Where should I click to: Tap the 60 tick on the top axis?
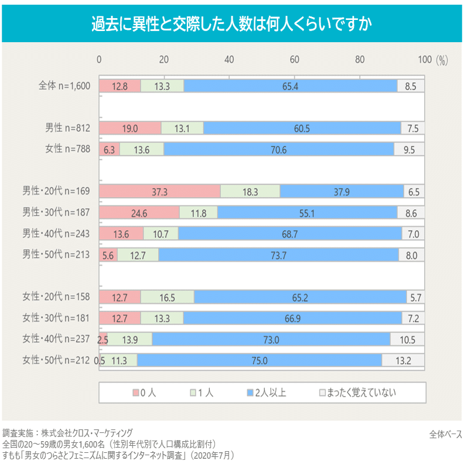(295, 59)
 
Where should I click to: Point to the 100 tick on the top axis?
(425, 59)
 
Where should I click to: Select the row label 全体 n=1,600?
(64, 86)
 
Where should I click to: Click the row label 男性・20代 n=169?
(56, 191)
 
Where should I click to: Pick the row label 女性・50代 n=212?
(56, 360)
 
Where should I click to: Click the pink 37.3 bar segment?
(160, 192)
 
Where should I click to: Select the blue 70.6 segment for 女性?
(278, 149)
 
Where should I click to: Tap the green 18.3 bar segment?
(250, 192)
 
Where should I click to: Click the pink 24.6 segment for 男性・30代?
(139, 213)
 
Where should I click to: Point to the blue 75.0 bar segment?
(260, 361)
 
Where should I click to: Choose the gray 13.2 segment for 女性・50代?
(403, 361)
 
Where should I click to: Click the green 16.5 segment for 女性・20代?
(167, 297)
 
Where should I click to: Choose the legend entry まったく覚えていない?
(356, 393)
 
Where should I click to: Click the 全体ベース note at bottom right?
(445, 434)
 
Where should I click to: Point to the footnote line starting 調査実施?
(67, 433)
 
